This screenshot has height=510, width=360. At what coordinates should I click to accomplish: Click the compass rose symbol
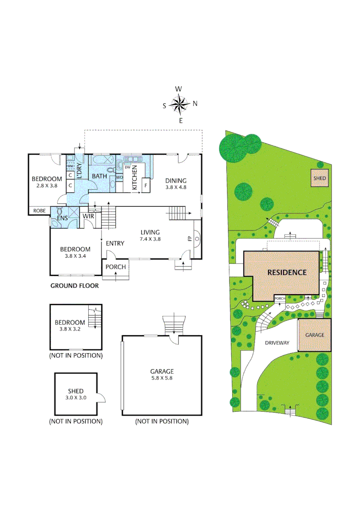(180, 105)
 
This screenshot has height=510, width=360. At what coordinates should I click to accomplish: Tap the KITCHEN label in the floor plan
(134, 178)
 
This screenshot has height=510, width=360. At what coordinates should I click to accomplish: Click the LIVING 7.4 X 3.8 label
(150, 236)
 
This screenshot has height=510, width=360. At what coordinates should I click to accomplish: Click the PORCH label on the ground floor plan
(116, 267)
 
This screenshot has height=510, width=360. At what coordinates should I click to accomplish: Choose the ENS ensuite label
(63, 219)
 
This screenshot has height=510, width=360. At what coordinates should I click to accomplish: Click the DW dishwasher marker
(127, 167)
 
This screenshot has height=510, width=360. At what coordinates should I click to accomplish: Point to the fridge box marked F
(146, 185)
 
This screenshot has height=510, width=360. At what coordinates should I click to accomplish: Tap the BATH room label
(100, 176)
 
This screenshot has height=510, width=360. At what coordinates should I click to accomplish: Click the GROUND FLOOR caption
(75, 286)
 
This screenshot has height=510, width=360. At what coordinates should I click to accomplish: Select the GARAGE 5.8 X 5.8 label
(162, 374)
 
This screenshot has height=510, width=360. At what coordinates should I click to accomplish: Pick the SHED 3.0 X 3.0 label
(75, 394)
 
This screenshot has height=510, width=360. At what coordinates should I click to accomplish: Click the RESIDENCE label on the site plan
(287, 272)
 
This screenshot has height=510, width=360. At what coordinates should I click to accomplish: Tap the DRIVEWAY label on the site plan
(276, 343)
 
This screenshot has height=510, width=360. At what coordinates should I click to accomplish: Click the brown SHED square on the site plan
(320, 178)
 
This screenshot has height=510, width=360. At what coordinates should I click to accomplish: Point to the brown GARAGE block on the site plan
(315, 335)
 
